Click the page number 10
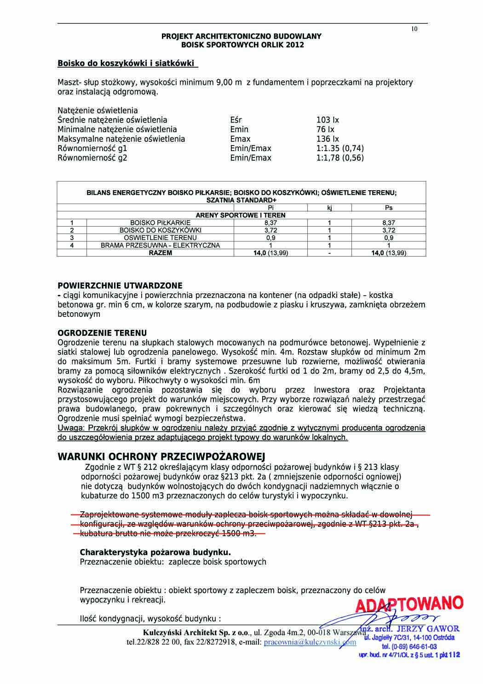(414, 29)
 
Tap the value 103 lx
(328, 120)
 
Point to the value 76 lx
(325, 129)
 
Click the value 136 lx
(328, 139)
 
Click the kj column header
(329, 208)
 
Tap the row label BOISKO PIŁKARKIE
(160, 222)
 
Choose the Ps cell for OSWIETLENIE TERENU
(389, 238)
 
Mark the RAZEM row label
(160, 253)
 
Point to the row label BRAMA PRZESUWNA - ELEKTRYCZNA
(160, 245)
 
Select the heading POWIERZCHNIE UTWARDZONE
(120, 286)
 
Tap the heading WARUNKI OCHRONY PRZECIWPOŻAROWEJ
(161, 456)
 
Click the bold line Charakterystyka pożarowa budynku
(155, 552)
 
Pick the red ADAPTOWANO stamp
(409, 604)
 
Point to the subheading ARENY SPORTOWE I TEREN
(241, 215)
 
